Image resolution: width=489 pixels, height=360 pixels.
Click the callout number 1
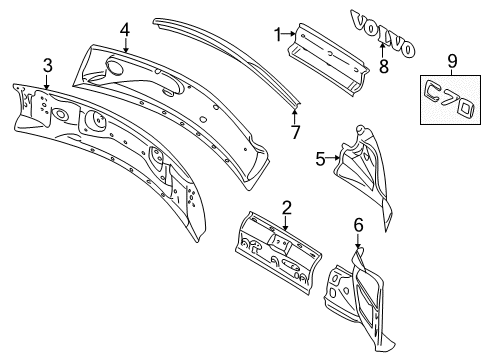coord(277,36)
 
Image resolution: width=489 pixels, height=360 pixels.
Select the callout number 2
coord(286,208)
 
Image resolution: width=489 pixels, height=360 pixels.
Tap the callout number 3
coord(47,66)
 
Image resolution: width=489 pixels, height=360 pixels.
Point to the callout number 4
coord(125,30)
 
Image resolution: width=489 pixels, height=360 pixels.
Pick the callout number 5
coord(321,157)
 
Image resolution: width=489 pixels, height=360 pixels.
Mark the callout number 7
coord(294,132)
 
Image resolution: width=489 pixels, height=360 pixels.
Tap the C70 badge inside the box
coord(451,99)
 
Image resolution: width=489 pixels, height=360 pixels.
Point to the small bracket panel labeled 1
coord(322,55)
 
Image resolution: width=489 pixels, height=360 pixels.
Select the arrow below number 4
coord(125,46)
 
